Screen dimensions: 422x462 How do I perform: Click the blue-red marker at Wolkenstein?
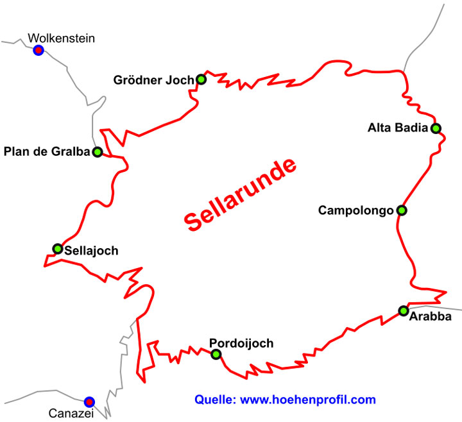[x=38, y=50]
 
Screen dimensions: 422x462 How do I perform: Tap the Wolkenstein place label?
[x=65, y=38]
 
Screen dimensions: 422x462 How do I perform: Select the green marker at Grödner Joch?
[x=201, y=80]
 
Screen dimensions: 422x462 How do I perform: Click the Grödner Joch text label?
[x=153, y=80]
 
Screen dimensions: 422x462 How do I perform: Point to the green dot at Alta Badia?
[x=436, y=128]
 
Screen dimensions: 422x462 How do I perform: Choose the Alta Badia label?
[x=397, y=128]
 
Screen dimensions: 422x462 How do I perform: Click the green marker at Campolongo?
[x=401, y=210]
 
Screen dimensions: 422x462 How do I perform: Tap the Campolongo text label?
[x=355, y=210]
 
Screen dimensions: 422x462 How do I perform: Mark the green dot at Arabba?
[x=403, y=311]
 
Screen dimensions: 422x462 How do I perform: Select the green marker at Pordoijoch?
[x=216, y=354]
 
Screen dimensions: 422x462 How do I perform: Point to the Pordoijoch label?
[x=241, y=343]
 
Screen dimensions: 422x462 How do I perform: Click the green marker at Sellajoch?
[x=57, y=249]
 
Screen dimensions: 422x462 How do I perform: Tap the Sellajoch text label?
[x=91, y=251]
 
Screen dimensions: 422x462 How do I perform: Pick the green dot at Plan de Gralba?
[x=97, y=152]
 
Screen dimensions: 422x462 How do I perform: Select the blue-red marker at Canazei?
[x=89, y=401]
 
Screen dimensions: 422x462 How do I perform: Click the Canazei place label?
[x=71, y=414]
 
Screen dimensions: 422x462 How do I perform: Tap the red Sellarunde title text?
[x=242, y=194]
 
